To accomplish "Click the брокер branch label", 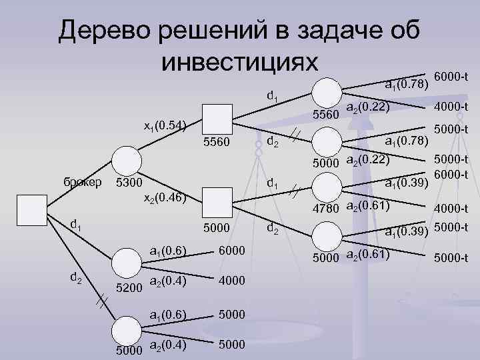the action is (x=78, y=182).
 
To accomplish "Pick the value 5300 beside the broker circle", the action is (x=129, y=182).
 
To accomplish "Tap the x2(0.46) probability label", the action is (x=164, y=198).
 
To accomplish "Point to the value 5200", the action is (x=129, y=288).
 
